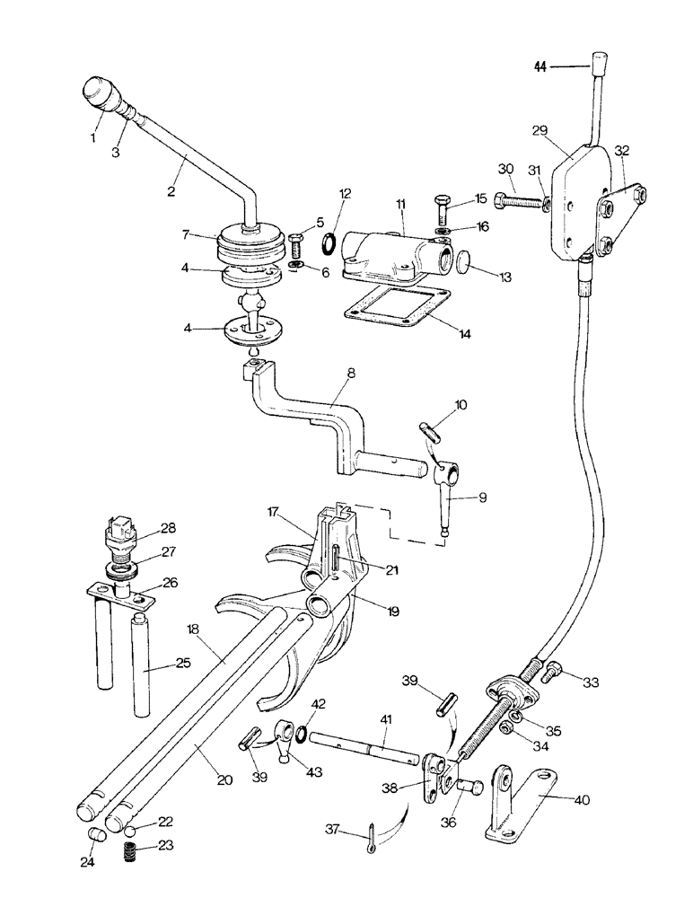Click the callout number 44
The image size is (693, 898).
(x=542, y=66)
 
